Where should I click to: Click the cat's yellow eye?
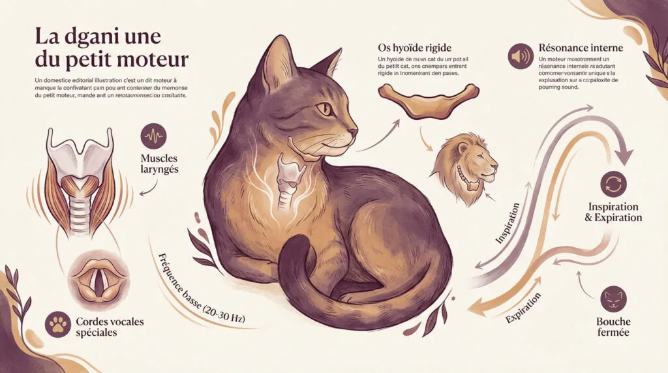(324, 108)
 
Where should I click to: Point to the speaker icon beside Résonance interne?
(521, 58)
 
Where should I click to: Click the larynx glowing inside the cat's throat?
(287, 179)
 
